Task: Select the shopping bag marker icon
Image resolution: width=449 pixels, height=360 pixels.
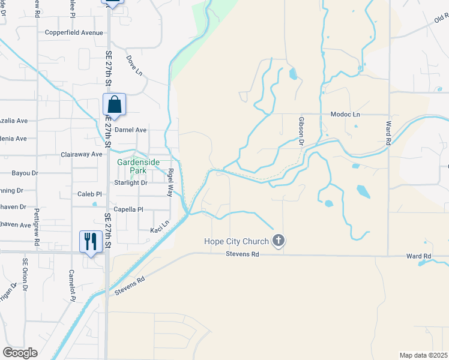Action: click(x=114, y=105)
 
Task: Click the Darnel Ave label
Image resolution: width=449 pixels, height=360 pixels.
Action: click(x=131, y=130)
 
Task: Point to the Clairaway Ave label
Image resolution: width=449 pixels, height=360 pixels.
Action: click(x=82, y=154)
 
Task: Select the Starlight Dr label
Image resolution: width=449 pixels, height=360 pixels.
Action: click(x=131, y=182)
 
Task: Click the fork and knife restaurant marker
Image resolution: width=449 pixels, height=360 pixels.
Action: click(x=91, y=241)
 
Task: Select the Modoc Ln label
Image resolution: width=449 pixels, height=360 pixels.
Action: click(x=345, y=114)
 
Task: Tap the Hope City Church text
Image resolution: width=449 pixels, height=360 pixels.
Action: click(x=236, y=242)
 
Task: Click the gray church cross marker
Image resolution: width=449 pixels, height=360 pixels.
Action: click(x=278, y=241)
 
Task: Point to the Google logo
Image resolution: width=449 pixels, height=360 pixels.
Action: click(x=20, y=353)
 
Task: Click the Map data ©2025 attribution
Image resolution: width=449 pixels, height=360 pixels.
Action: click(x=423, y=355)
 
